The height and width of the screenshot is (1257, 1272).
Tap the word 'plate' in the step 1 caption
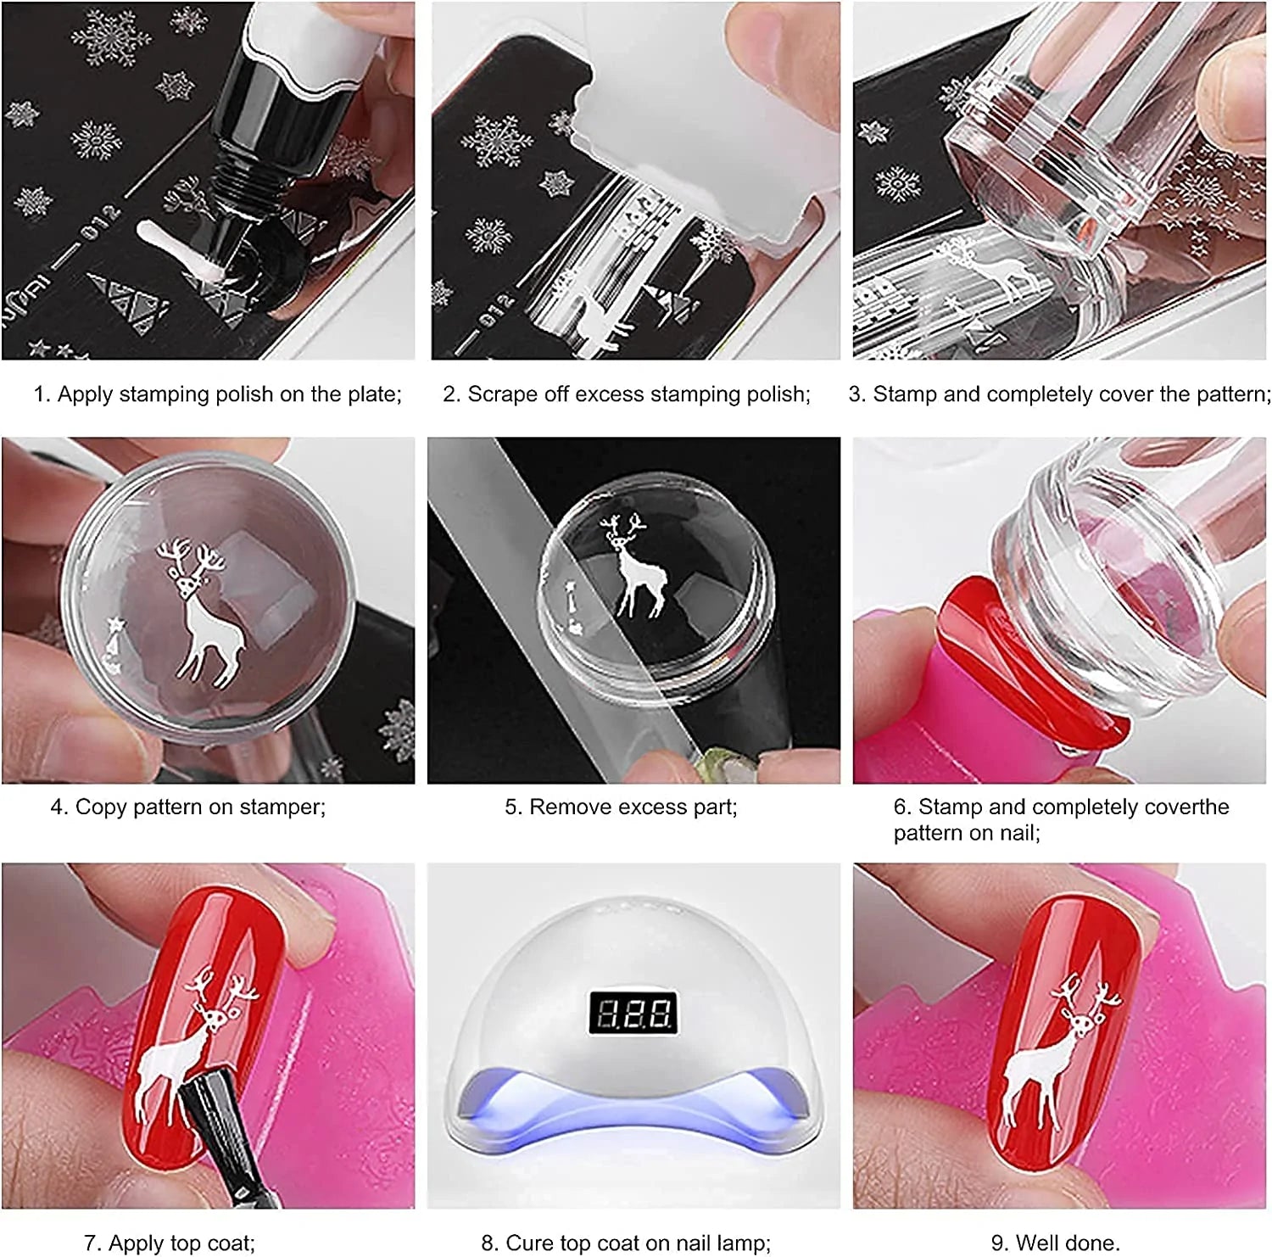[x=371, y=395]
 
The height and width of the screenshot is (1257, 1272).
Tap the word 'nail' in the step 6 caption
[x=1016, y=834]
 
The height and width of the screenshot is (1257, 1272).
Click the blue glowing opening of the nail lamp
[x=633, y=1103]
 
